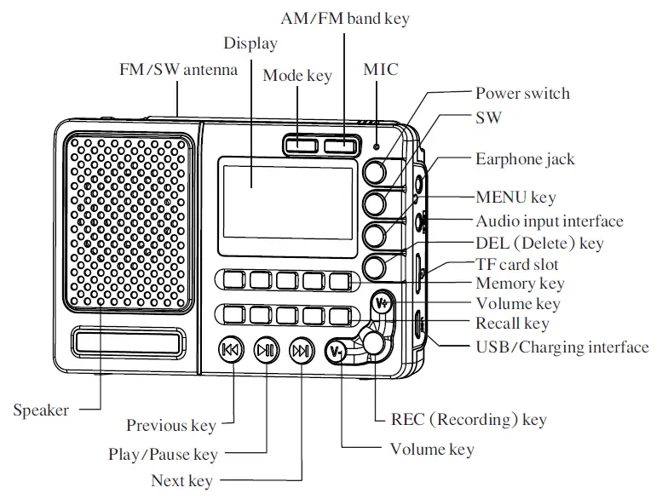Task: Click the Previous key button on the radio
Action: click(231, 350)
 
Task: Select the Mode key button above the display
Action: click(299, 144)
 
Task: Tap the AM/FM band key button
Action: click(339, 144)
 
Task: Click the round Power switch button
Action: click(375, 172)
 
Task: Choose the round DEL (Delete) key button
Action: click(375, 267)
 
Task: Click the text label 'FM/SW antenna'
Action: click(178, 70)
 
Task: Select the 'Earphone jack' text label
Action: click(525, 159)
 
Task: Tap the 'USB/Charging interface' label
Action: click(561, 347)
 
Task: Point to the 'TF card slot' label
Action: click(516, 264)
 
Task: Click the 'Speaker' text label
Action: click(41, 410)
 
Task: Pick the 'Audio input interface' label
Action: click(549, 221)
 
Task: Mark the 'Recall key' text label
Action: click(512, 324)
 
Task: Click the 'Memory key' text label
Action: click(520, 284)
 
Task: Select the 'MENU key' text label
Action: click(515, 198)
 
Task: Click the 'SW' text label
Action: click(488, 117)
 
